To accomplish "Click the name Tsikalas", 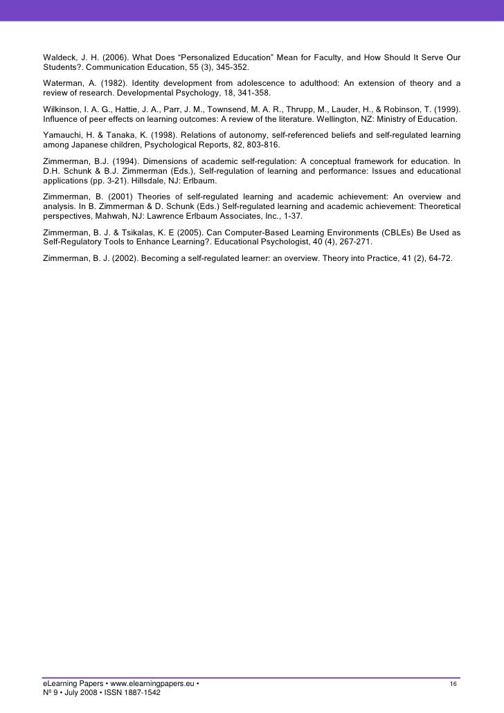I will (x=144, y=232).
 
